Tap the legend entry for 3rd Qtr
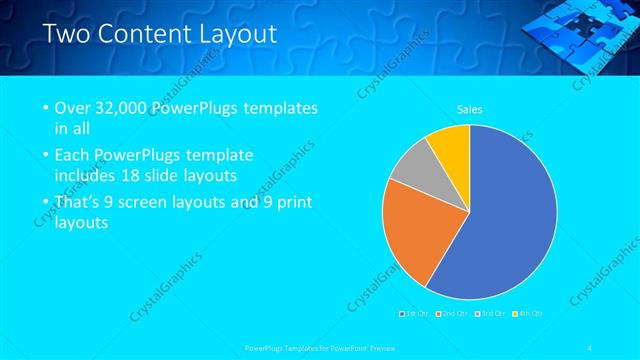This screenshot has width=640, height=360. (491, 313)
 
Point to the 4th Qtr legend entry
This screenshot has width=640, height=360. (529, 313)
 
